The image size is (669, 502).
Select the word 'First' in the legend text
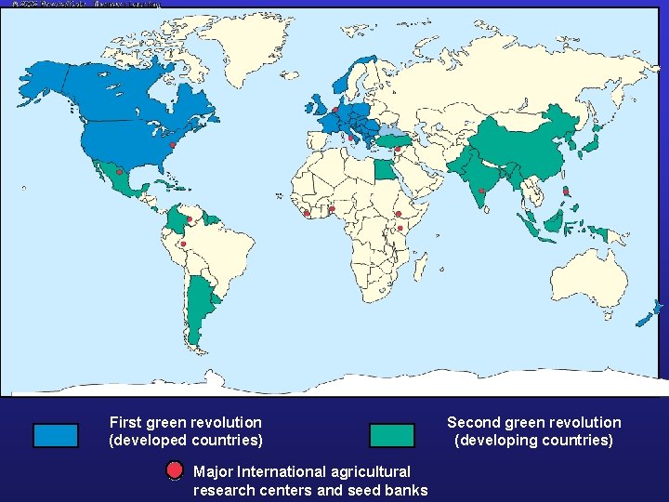(x=126, y=422)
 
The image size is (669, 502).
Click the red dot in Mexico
(x=119, y=173)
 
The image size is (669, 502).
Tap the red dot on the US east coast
(x=173, y=146)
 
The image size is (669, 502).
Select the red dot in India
(x=481, y=192)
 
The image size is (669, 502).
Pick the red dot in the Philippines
(x=567, y=192)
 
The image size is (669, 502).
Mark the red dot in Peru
(x=183, y=244)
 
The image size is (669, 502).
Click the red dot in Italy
(x=350, y=139)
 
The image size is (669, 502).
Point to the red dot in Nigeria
(x=332, y=209)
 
